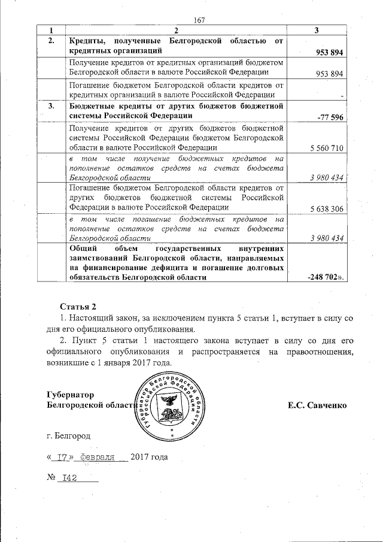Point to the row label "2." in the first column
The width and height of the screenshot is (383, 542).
(x=51, y=41)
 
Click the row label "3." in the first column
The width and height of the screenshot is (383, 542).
(x=51, y=106)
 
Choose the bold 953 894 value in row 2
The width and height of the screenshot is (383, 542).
(x=329, y=53)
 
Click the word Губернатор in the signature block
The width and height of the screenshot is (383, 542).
(x=71, y=395)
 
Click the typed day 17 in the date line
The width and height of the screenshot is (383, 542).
(x=60, y=458)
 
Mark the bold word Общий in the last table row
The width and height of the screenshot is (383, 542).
(x=83, y=247)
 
